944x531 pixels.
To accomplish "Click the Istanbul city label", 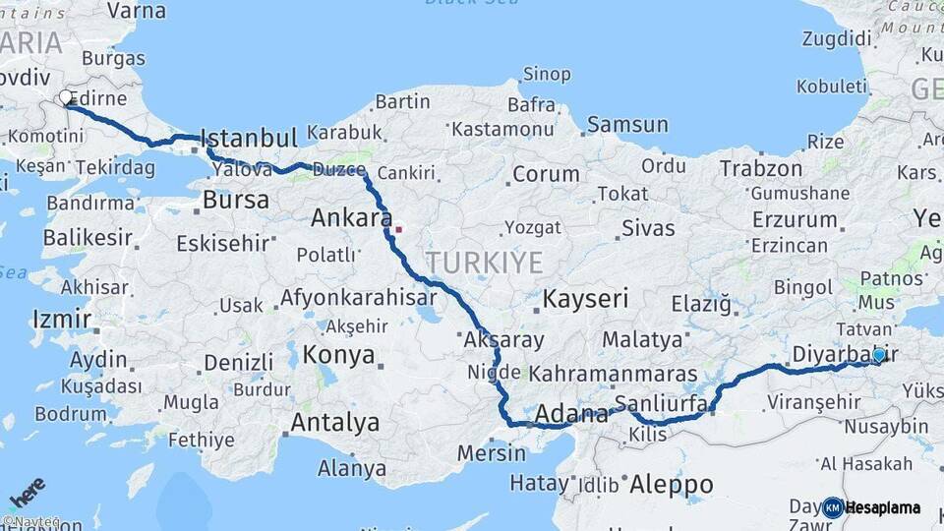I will [x=249, y=138].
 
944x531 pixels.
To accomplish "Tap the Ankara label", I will [x=351, y=217].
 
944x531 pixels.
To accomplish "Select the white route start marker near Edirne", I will [x=67, y=98].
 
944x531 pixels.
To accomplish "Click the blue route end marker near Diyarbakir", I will [x=878, y=355].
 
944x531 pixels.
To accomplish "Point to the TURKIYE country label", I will [x=484, y=263].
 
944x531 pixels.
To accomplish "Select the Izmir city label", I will [x=61, y=320].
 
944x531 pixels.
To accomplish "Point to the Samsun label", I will [x=627, y=125].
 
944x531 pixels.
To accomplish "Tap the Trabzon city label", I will [x=760, y=168].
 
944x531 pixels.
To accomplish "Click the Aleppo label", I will [x=671, y=484].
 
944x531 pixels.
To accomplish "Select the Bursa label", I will [x=235, y=200].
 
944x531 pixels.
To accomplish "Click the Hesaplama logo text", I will [x=883, y=508].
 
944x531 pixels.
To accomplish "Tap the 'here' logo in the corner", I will [x=27, y=490].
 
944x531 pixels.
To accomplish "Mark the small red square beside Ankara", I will [x=398, y=230].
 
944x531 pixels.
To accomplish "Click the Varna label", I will [x=136, y=11].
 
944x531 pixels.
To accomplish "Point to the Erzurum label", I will [x=795, y=218].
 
